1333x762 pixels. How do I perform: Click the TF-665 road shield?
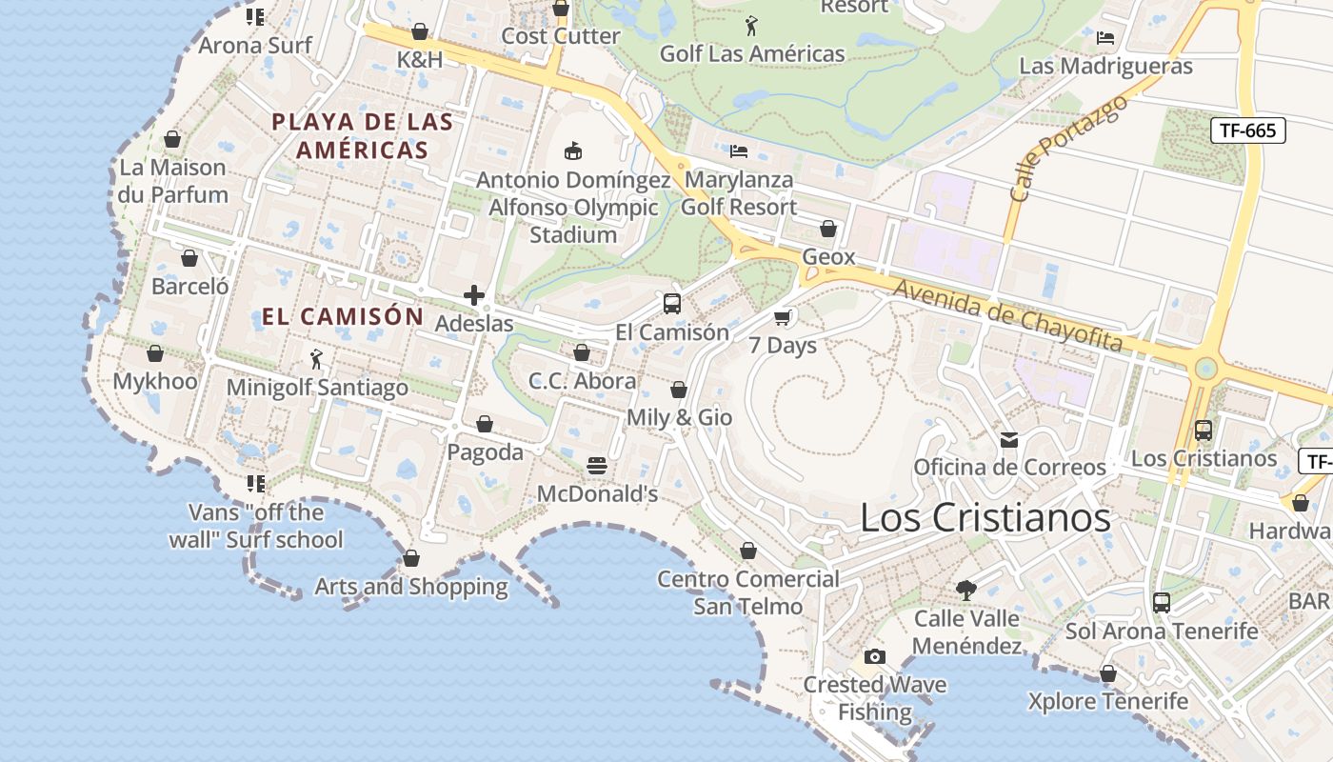[x=1247, y=130]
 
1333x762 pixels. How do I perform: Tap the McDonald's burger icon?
[x=597, y=466]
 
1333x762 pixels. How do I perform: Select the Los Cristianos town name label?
[x=985, y=517]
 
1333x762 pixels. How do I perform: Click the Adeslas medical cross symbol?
[x=473, y=295]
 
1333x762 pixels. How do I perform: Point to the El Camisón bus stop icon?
[x=672, y=304]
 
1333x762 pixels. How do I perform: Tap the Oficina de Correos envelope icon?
[x=1009, y=439]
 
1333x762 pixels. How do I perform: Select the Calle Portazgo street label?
[x=1067, y=148]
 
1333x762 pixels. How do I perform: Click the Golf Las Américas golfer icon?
[x=751, y=26]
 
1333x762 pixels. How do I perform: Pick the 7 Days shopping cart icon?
[x=783, y=317]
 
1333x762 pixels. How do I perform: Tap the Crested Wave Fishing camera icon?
[x=874, y=656]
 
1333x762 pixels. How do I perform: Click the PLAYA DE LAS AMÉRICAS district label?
[x=362, y=135]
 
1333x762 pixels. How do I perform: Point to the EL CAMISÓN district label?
[x=343, y=316]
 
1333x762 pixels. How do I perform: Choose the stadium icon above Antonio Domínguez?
[x=573, y=150]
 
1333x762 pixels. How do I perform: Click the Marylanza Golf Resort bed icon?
[x=738, y=150]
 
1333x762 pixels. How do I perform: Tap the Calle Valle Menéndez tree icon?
[x=966, y=590]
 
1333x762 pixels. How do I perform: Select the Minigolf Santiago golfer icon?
[x=317, y=359]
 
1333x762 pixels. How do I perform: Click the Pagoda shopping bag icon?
[x=485, y=424]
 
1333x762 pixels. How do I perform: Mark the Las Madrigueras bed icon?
[x=1105, y=38]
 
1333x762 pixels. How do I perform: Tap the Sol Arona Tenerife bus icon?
[x=1162, y=602]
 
